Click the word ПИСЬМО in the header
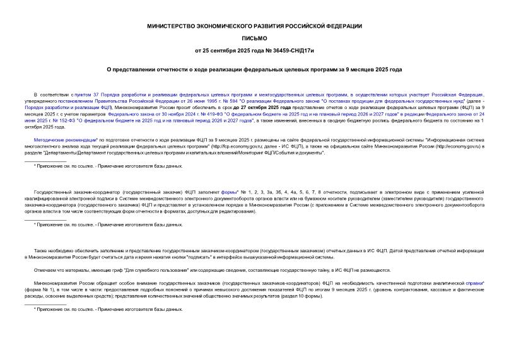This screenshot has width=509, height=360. [254, 38]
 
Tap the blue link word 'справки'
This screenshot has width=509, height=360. [471, 284]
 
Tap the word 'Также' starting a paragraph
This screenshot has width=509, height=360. [42, 250]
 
